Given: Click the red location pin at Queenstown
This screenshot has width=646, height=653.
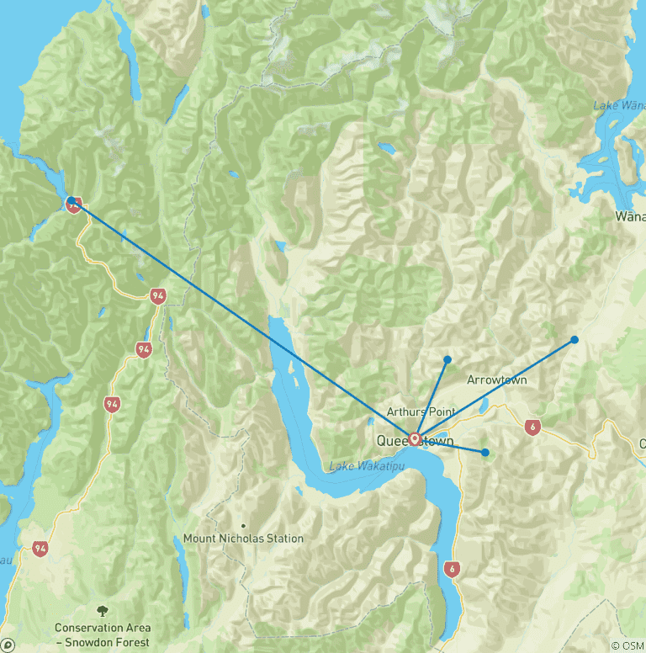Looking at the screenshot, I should pos(415,438).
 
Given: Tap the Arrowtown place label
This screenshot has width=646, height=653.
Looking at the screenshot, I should pos(496,380).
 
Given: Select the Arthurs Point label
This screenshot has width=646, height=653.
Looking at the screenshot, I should pos(421,411).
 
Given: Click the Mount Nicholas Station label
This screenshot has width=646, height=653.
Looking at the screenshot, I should pos(243,539).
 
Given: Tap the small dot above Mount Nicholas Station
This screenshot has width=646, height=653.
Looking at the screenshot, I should pos(244,526).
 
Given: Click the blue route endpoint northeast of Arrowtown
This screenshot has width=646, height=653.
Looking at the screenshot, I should pos(575,340).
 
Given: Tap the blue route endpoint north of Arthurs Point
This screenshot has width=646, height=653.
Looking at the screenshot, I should pos(447,359).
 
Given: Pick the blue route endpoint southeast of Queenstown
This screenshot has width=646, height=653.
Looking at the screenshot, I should pos(485,453).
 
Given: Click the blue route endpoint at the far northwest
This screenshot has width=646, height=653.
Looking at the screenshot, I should pos(71,201).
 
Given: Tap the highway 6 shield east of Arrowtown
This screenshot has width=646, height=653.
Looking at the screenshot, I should pos(532,427).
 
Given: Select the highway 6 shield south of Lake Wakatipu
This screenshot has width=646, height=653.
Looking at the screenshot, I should pos(453,569).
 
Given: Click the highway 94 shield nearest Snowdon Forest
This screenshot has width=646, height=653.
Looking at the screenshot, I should pos(40,549).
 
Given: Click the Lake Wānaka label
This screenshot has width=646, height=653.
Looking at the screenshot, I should pos(618,105).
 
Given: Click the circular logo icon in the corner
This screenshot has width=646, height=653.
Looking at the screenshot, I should pos(8,645).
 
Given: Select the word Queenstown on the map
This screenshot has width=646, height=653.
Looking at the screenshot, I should pos(415,441).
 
